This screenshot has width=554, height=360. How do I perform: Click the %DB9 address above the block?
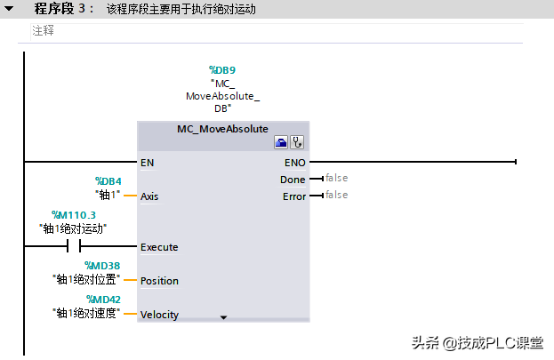click(x=221, y=69)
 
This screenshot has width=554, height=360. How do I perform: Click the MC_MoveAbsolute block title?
click(x=222, y=129)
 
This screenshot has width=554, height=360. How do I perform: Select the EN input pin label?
click(x=147, y=163)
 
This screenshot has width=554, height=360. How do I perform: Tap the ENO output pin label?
click(x=294, y=163)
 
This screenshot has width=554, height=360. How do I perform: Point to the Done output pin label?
click(x=293, y=180)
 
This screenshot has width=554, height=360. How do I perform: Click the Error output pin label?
click(x=293, y=196)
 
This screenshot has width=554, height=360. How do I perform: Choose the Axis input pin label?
click(x=149, y=196)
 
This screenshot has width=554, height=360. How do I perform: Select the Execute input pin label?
click(x=159, y=247)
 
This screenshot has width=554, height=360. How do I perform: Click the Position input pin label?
click(x=159, y=281)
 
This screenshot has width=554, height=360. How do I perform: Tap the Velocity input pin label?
click(x=159, y=315)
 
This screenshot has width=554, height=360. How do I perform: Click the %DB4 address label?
click(x=108, y=181)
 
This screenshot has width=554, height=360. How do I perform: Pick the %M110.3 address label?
click(x=74, y=215)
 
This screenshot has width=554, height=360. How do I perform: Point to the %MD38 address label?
click(x=102, y=265)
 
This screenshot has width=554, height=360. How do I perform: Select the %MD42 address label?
click(x=103, y=300)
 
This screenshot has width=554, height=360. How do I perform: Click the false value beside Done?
click(x=336, y=179)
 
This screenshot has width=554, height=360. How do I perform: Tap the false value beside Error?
click(x=336, y=196)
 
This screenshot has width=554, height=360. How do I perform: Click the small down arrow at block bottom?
click(x=223, y=316)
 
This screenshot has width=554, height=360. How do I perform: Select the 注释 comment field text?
click(x=44, y=30)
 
